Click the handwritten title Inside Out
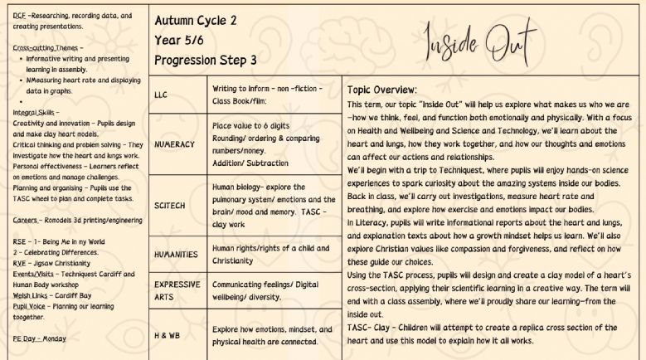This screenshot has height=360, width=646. (480, 38)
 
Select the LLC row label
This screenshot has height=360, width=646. (161, 95)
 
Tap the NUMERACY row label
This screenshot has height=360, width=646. (174, 144)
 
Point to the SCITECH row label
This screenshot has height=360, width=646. (170, 205)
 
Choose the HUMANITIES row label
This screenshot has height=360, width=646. (176, 254)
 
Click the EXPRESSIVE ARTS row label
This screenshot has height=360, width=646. (177, 289)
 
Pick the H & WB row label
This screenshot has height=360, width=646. (168, 334)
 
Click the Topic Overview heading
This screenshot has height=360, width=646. (382, 90)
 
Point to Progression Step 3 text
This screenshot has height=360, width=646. (206, 60)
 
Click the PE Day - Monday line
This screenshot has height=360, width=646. (39, 338)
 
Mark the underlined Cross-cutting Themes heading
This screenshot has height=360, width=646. (47, 47)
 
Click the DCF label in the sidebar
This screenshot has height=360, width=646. (19, 16)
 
